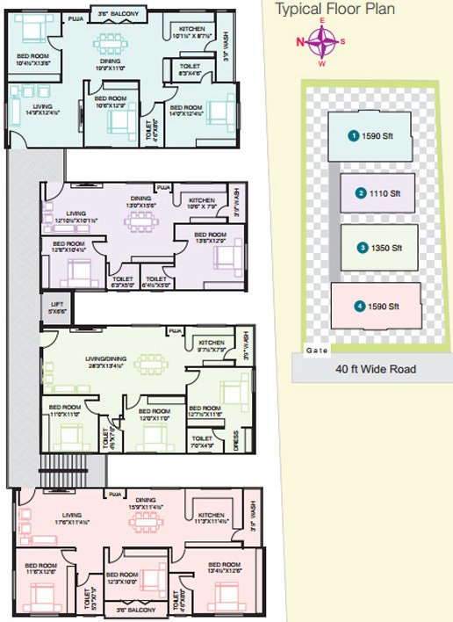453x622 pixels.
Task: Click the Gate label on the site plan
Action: tap(316, 349)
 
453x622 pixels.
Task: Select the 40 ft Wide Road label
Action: tap(376, 369)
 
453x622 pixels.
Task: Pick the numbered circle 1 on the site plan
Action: tap(353, 135)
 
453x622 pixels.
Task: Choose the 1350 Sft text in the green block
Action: tap(385, 248)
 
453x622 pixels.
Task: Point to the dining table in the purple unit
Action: tap(141, 222)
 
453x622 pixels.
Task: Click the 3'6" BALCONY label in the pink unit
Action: tap(135, 609)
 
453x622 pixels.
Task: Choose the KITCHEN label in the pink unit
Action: tap(212, 514)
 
